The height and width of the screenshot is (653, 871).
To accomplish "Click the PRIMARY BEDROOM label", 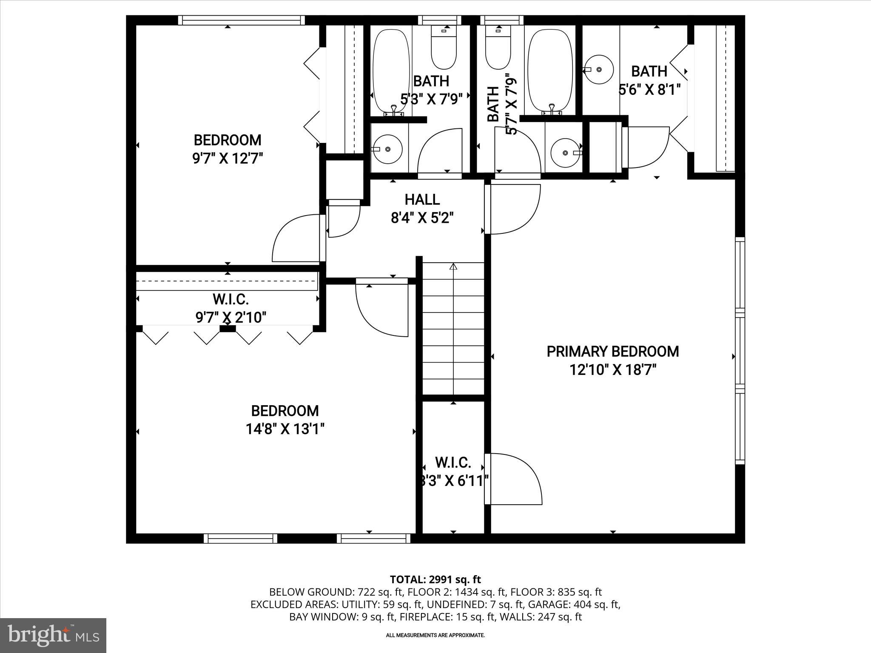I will click(x=612, y=352).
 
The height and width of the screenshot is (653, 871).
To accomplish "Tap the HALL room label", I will click(x=422, y=199).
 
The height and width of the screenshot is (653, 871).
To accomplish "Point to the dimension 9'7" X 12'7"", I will click(x=228, y=159).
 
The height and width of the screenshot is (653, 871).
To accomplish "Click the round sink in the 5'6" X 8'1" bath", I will click(x=599, y=69).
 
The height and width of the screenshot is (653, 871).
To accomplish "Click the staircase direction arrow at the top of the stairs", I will click(x=453, y=267).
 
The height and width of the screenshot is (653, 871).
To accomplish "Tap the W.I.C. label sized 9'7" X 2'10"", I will click(x=231, y=299).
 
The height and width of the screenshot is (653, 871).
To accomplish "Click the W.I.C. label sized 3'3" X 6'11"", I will click(x=453, y=463).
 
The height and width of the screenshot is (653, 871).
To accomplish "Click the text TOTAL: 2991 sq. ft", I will click(x=435, y=579).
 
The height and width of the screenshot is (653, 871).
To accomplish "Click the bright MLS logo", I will click(x=53, y=636).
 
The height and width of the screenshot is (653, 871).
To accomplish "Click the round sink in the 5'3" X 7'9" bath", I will click(x=387, y=149).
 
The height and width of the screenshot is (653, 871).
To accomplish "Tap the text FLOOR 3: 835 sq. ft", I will click(x=556, y=592).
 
